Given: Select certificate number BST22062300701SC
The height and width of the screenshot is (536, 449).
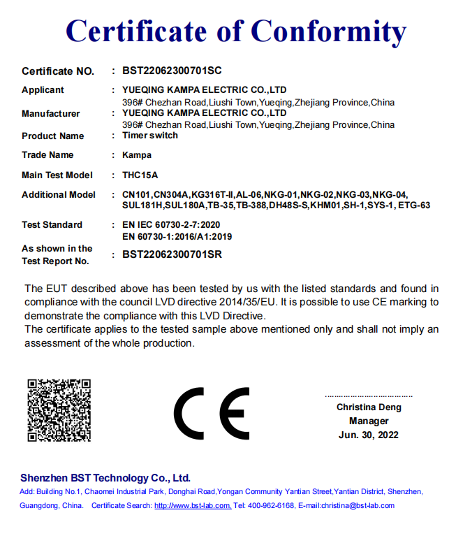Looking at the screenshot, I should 172,71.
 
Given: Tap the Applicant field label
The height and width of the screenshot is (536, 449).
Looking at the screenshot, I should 43,90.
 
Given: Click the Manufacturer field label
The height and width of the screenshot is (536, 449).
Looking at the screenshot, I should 51,114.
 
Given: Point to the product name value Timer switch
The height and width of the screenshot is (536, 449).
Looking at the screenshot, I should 150,136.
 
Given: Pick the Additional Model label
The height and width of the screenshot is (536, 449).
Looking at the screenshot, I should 59,194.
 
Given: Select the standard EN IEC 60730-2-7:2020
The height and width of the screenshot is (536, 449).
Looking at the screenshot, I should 171,224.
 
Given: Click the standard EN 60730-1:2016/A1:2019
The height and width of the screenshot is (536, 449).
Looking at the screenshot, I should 177,236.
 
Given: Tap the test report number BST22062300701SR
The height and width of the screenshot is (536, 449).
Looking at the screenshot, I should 172,254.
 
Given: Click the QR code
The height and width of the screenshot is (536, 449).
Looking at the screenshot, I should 59,410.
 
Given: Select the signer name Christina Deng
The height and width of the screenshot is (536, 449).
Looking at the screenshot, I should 369,407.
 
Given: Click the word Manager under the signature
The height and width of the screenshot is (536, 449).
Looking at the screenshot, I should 369,421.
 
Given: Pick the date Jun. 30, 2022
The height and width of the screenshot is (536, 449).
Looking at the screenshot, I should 369,435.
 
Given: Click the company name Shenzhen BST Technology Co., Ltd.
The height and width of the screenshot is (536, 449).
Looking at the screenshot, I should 105,478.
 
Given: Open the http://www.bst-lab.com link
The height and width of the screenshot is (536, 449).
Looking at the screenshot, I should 193,505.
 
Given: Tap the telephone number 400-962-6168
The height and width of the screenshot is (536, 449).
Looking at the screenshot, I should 270,505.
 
